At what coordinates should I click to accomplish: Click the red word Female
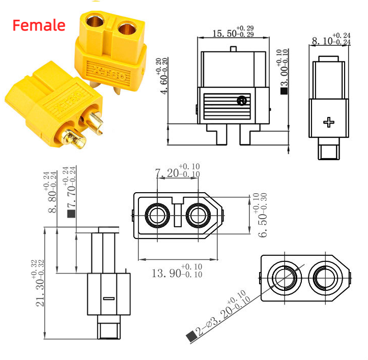[x=39, y=25]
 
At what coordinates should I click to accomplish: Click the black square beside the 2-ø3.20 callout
[x=191, y=336]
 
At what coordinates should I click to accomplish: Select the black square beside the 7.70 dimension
[x=72, y=214]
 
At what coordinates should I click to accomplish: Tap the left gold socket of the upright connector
[x=94, y=23]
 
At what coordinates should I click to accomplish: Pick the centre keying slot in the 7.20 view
[x=177, y=214]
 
